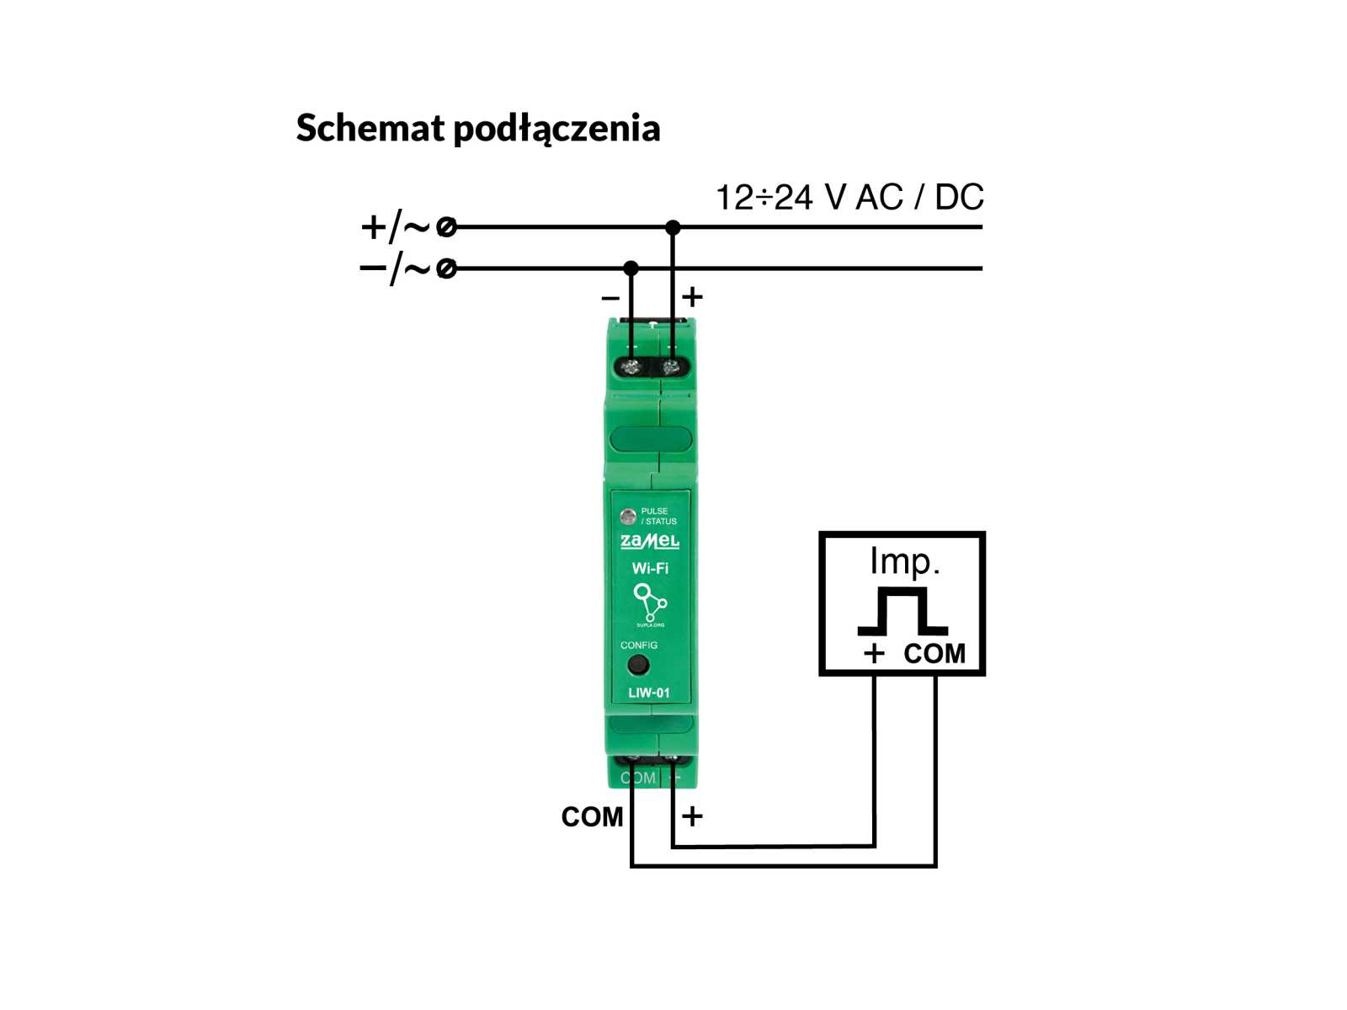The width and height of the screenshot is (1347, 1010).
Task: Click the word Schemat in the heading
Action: (x=370, y=128)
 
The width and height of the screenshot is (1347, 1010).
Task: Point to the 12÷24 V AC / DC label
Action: (x=849, y=198)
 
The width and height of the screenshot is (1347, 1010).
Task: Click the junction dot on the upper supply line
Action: (x=672, y=227)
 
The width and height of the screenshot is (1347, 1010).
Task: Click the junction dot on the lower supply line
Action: (x=631, y=268)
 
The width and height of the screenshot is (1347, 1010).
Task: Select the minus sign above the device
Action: (x=610, y=298)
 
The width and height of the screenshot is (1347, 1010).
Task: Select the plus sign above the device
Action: (x=692, y=297)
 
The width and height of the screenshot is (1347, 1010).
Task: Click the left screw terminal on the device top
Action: (x=631, y=367)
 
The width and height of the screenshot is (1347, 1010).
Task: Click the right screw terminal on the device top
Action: (x=671, y=367)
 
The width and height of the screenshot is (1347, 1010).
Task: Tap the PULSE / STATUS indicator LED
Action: (x=627, y=516)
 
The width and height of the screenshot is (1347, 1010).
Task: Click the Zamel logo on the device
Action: (x=649, y=541)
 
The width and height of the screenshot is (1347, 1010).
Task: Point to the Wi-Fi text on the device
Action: (x=650, y=569)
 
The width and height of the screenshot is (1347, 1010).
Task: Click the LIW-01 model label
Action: (x=649, y=693)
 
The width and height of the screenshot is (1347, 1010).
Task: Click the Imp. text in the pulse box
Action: (x=904, y=561)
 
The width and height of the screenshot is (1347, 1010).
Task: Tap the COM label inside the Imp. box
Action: (x=934, y=654)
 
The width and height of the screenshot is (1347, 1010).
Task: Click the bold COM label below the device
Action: (x=592, y=816)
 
